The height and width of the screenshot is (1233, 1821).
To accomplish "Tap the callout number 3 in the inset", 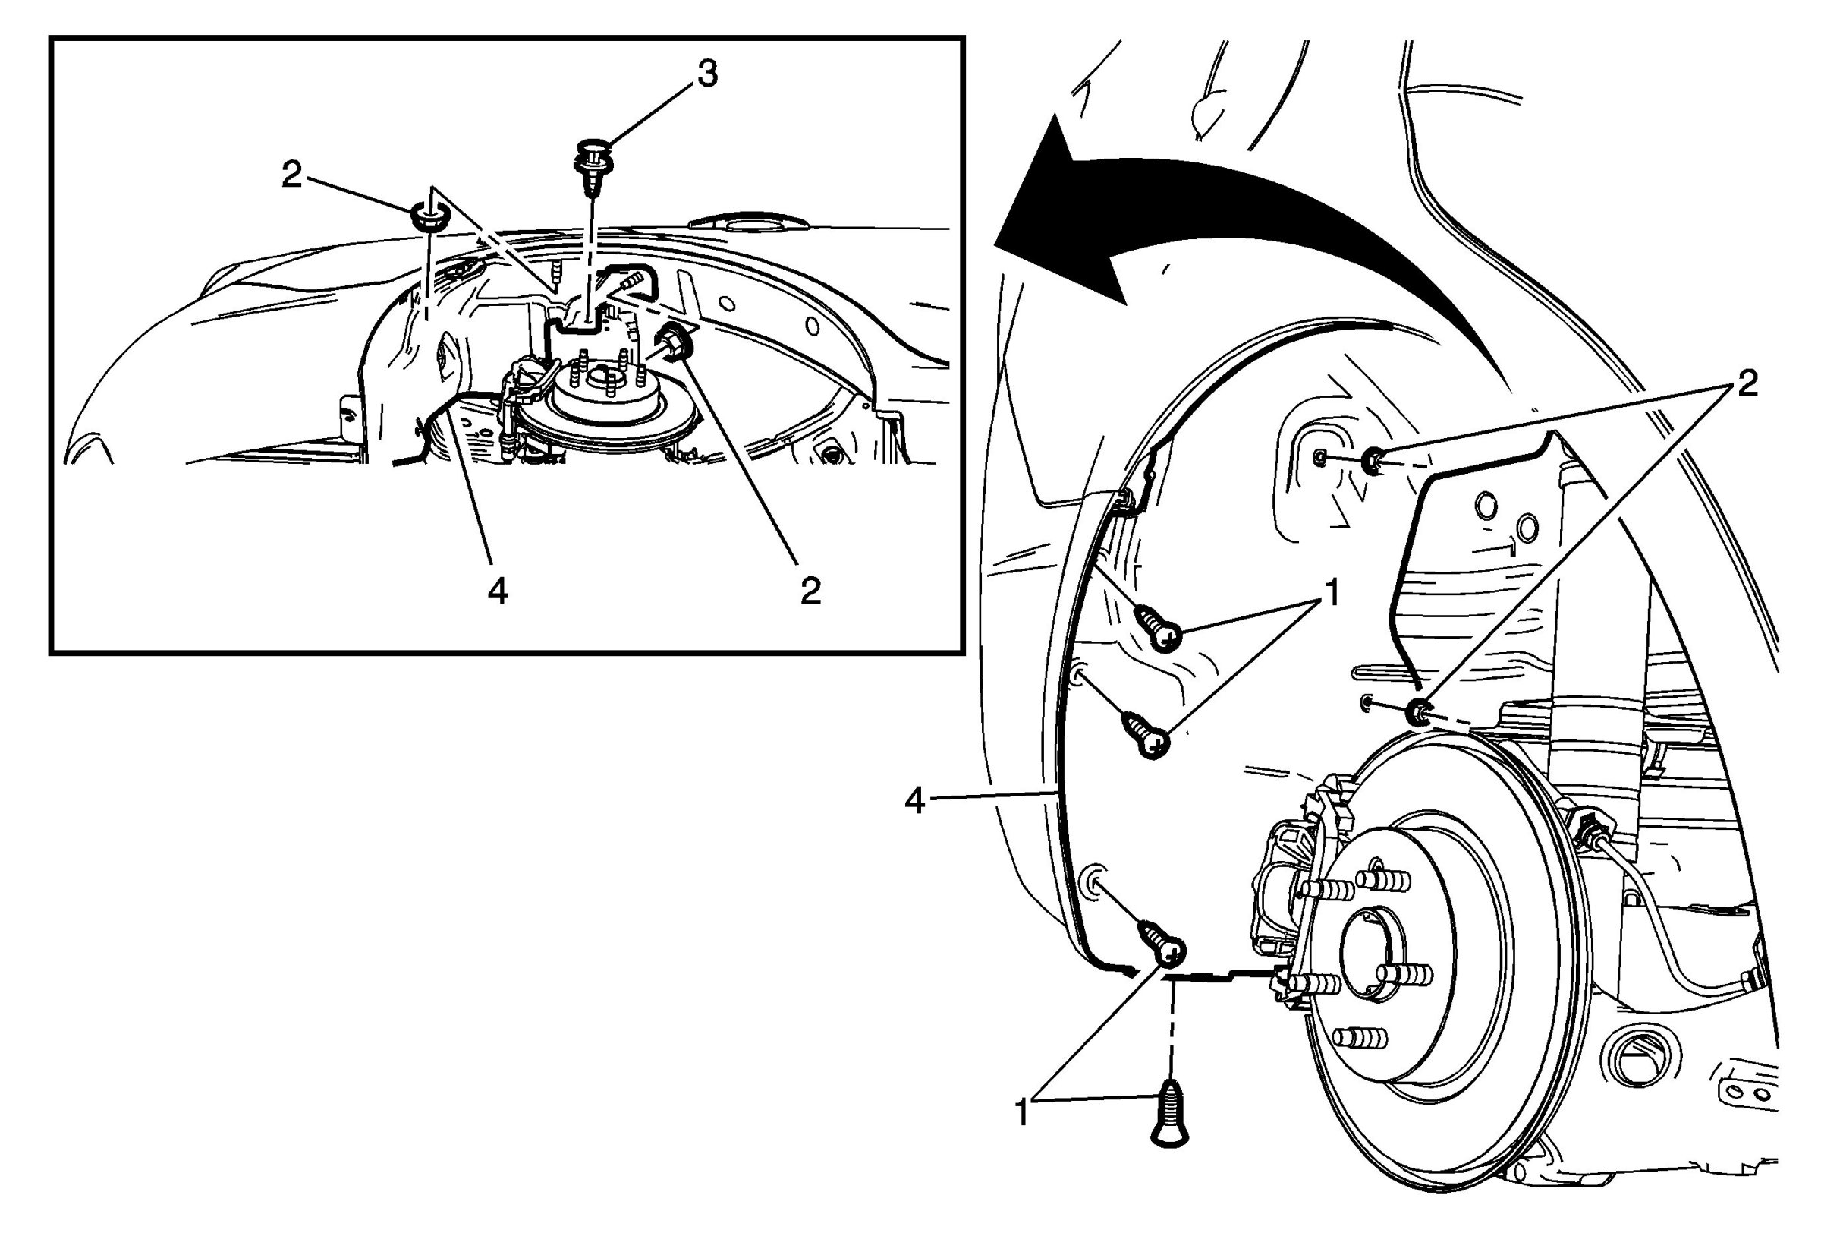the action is tap(706, 74).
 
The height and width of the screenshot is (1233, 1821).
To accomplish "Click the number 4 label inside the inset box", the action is tap(498, 591).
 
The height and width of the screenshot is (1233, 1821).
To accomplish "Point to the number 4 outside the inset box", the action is tap(914, 801).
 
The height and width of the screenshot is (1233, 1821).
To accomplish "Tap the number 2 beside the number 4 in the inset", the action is tap(810, 590).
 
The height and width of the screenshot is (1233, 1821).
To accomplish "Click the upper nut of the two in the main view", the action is tap(1373, 460).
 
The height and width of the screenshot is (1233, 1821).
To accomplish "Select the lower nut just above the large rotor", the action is tap(1417, 711).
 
